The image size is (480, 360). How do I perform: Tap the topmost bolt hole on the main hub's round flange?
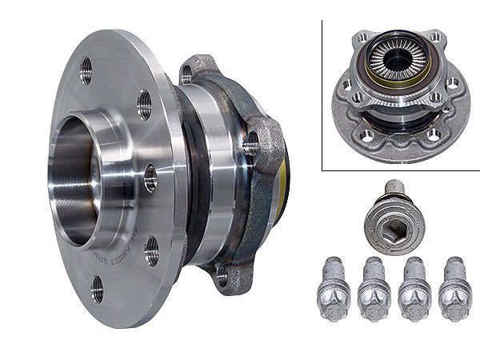(x=86, y=70)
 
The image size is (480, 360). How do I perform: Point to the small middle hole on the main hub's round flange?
(x=150, y=178)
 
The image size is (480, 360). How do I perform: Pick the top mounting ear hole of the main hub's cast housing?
(x=187, y=74)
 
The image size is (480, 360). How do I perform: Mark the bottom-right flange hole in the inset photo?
(x=434, y=134)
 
